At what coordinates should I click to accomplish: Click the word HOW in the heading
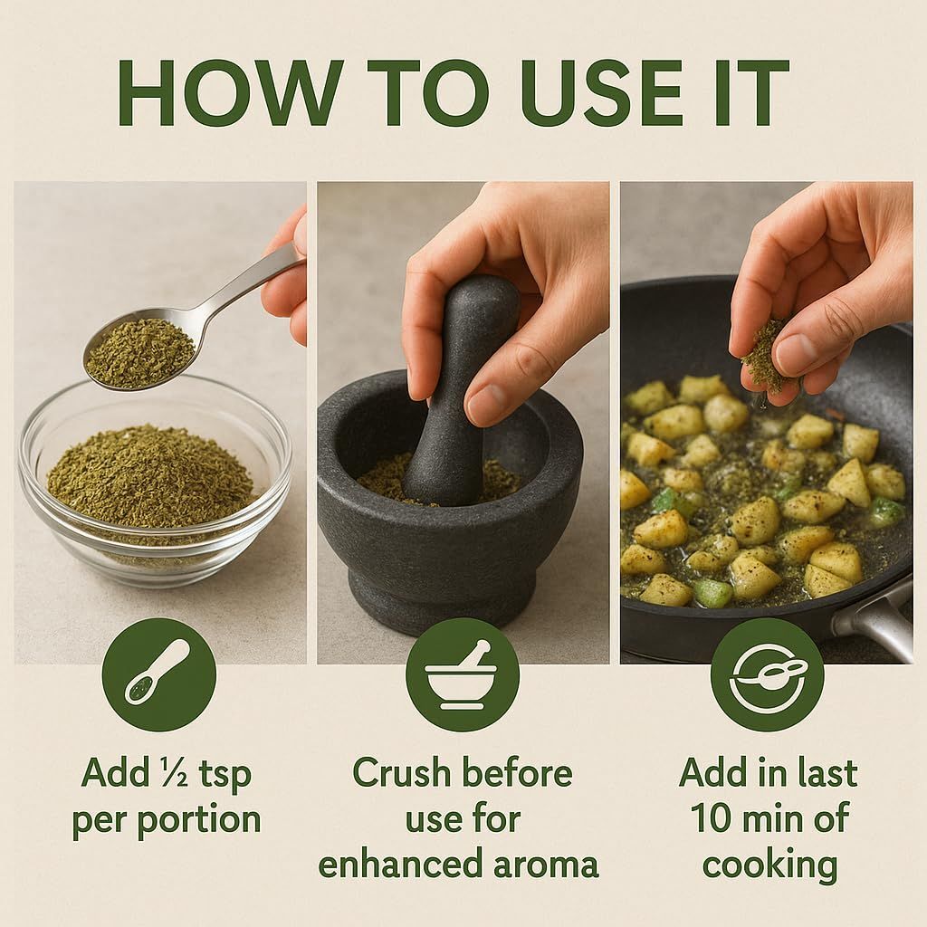(230, 93)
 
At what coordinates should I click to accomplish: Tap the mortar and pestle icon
(462, 674)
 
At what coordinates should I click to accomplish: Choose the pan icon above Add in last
(768, 674)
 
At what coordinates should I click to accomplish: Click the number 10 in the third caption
(712, 818)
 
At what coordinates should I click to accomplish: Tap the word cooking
(769, 865)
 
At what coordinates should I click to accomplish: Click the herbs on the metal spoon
(140, 353)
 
